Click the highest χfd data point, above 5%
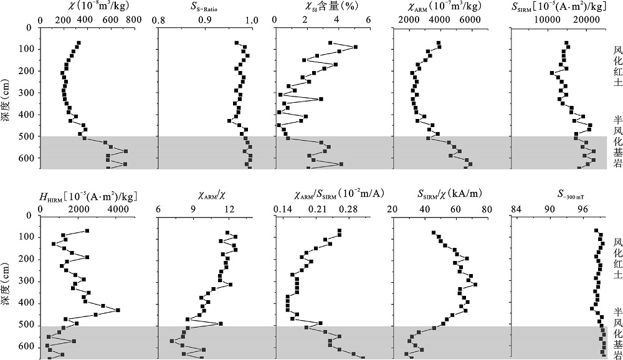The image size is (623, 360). click(x=355, y=47)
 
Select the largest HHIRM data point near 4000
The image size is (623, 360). click(x=118, y=310)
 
